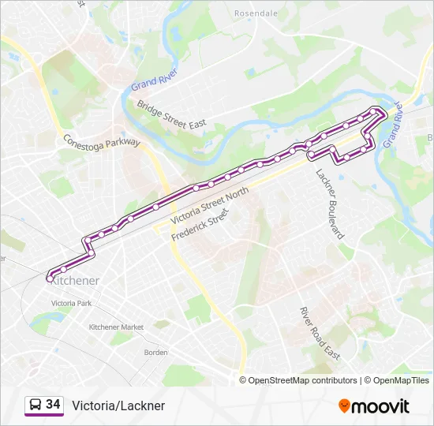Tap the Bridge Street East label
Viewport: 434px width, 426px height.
coord(171,114)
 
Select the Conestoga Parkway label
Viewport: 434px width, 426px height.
coord(102,141)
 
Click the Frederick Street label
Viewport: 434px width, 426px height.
coord(201,224)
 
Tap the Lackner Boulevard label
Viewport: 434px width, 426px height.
coord(330,204)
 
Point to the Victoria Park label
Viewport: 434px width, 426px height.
coord(71,303)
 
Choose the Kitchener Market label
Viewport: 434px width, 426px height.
coord(116,327)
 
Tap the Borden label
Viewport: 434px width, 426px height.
coord(155,353)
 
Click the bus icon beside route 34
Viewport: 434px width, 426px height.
coord(35,405)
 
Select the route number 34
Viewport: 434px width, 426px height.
coord(53,405)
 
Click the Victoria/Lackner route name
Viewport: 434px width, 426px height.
coord(118,405)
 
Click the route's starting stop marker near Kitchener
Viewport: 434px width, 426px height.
coord(50,278)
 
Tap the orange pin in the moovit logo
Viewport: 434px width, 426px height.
coord(344,405)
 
